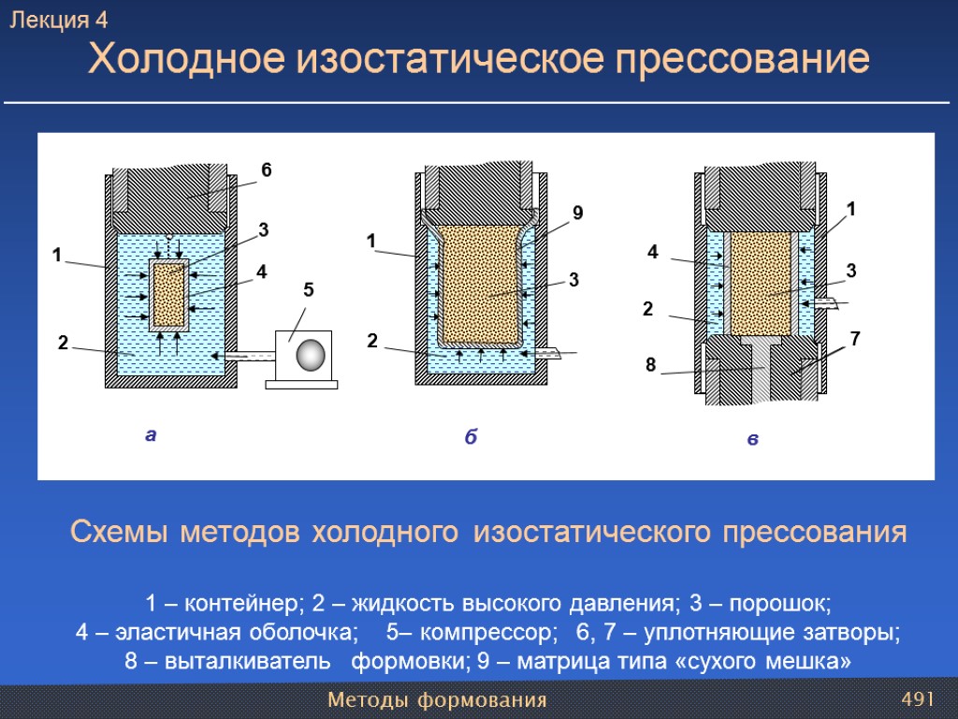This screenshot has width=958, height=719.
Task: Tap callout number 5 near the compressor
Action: click(308, 291)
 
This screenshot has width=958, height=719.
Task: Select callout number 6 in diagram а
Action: click(266, 170)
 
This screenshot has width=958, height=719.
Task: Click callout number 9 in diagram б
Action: click(578, 213)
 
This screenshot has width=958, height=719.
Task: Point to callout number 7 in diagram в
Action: click(854, 336)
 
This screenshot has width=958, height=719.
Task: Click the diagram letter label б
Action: click(471, 437)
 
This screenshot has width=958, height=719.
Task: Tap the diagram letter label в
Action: click(753, 439)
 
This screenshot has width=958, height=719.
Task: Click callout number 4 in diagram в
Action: click(653, 251)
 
